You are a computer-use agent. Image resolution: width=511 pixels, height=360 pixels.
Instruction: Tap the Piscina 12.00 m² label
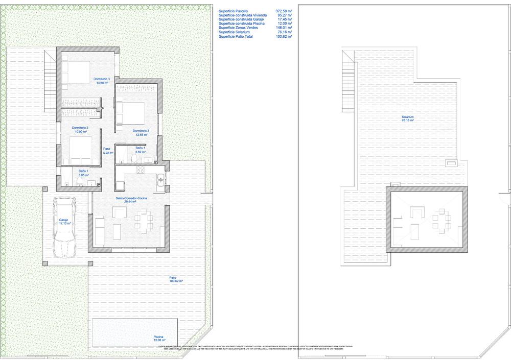tap(159, 339)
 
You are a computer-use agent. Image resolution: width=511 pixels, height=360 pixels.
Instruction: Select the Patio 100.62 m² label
tap(176, 279)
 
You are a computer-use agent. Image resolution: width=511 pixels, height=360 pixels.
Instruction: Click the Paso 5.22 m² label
tap(107, 151)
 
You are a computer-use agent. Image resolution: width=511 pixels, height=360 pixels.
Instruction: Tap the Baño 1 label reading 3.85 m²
tap(84, 173)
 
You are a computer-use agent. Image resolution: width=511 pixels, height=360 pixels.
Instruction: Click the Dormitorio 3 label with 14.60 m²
tap(101, 81)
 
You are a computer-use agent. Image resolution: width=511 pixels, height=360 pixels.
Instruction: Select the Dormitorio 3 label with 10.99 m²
tap(80, 130)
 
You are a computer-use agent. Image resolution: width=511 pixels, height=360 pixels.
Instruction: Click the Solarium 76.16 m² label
tap(407, 119)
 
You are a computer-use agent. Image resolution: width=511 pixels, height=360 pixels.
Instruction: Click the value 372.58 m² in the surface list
tap(283, 10)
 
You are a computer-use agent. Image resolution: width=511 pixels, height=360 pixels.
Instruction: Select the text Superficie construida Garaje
tap(245, 19)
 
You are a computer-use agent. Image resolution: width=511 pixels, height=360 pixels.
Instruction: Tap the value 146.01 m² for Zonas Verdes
tap(283, 28)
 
